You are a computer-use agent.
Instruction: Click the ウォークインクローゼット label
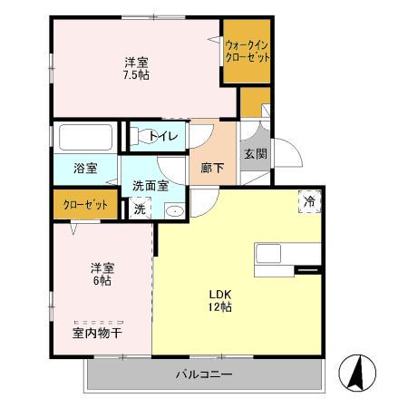[x=248, y=51]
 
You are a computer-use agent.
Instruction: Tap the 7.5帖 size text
[x=138, y=74]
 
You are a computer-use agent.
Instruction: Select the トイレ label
[x=169, y=137]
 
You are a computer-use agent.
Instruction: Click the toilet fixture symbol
[x=141, y=137]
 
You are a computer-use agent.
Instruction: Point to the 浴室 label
[x=85, y=168]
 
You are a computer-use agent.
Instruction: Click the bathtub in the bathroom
[x=84, y=138]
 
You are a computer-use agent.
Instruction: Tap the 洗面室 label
[x=150, y=185]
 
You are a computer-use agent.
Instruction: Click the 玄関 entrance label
[x=255, y=154]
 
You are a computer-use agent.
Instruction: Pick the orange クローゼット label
[x=85, y=205]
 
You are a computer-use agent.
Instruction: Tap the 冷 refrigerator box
[x=309, y=201]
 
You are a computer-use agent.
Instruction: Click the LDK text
[x=221, y=294]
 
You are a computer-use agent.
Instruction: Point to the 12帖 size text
[x=221, y=307]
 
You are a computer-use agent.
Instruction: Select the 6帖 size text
[x=102, y=281]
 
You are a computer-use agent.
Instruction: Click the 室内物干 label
[x=97, y=333]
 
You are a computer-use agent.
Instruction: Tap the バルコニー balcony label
[x=204, y=374]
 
